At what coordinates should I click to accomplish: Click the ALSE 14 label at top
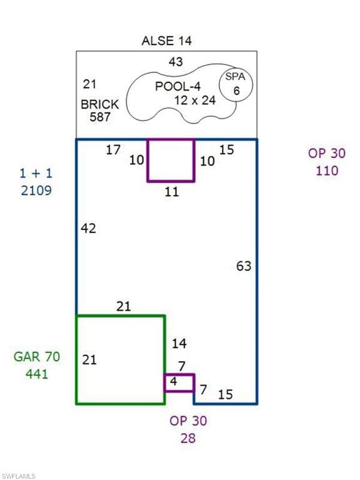[167, 41]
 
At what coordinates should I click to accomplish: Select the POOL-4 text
[178, 86]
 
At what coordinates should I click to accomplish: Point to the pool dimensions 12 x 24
[195, 100]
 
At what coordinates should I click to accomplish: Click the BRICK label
[100, 104]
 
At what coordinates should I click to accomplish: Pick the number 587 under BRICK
[100, 117]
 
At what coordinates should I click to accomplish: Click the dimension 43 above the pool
[176, 62]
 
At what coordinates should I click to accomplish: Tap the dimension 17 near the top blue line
[113, 150]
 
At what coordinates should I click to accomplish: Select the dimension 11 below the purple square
[171, 192]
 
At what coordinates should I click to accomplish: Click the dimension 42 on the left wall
[89, 228]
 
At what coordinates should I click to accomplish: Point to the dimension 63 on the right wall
[244, 266]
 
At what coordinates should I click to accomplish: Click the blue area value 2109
[36, 191]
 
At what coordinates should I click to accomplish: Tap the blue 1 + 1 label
[36, 174]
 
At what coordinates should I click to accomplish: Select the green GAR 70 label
[37, 357]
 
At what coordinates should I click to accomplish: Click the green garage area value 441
[37, 374]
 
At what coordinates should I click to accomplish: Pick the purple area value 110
[327, 171]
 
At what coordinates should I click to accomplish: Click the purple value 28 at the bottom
[188, 438]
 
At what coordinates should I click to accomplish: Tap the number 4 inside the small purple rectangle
[174, 381]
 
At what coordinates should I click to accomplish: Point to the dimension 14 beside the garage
[179, 344]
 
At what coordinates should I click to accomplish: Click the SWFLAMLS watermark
[18, 476]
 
